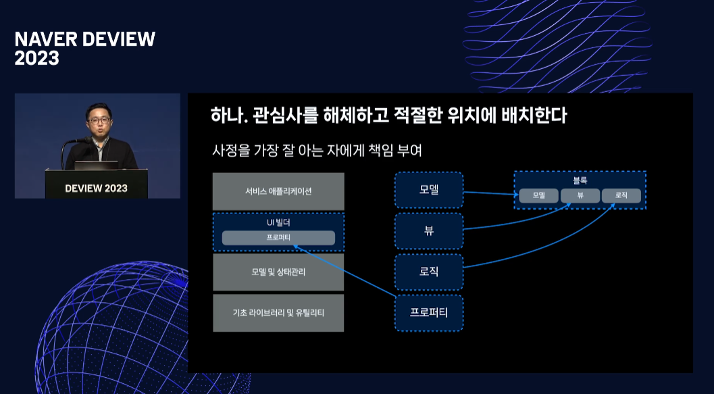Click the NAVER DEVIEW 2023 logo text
(84, 49)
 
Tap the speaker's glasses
(99, 120)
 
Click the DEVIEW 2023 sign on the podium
(96, 188)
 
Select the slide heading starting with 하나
(388, 116)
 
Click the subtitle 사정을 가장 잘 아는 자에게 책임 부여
(317, 151)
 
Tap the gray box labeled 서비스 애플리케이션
(278, 191)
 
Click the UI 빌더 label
(278, 222)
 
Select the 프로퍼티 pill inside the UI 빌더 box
(278, 238)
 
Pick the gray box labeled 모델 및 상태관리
(278, 272)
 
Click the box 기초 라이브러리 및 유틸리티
(278, 313)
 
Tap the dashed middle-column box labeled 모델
(429, 190)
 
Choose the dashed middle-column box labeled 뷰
(429, 230)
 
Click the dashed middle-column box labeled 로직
(429, 272)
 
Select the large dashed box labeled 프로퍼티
(429, 313)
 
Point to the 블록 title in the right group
(580, 180)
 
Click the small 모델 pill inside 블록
(538, 195)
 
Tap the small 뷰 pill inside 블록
(580, 195)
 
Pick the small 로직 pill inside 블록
(621, 195)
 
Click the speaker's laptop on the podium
(96, 165)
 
